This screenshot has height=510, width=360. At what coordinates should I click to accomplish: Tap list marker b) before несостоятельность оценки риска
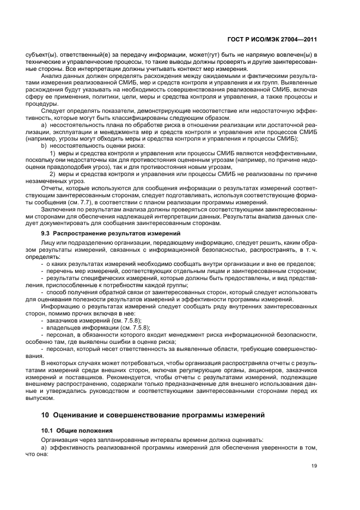coord(43,146)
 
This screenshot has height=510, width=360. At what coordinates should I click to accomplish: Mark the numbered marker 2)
coord(53,174)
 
